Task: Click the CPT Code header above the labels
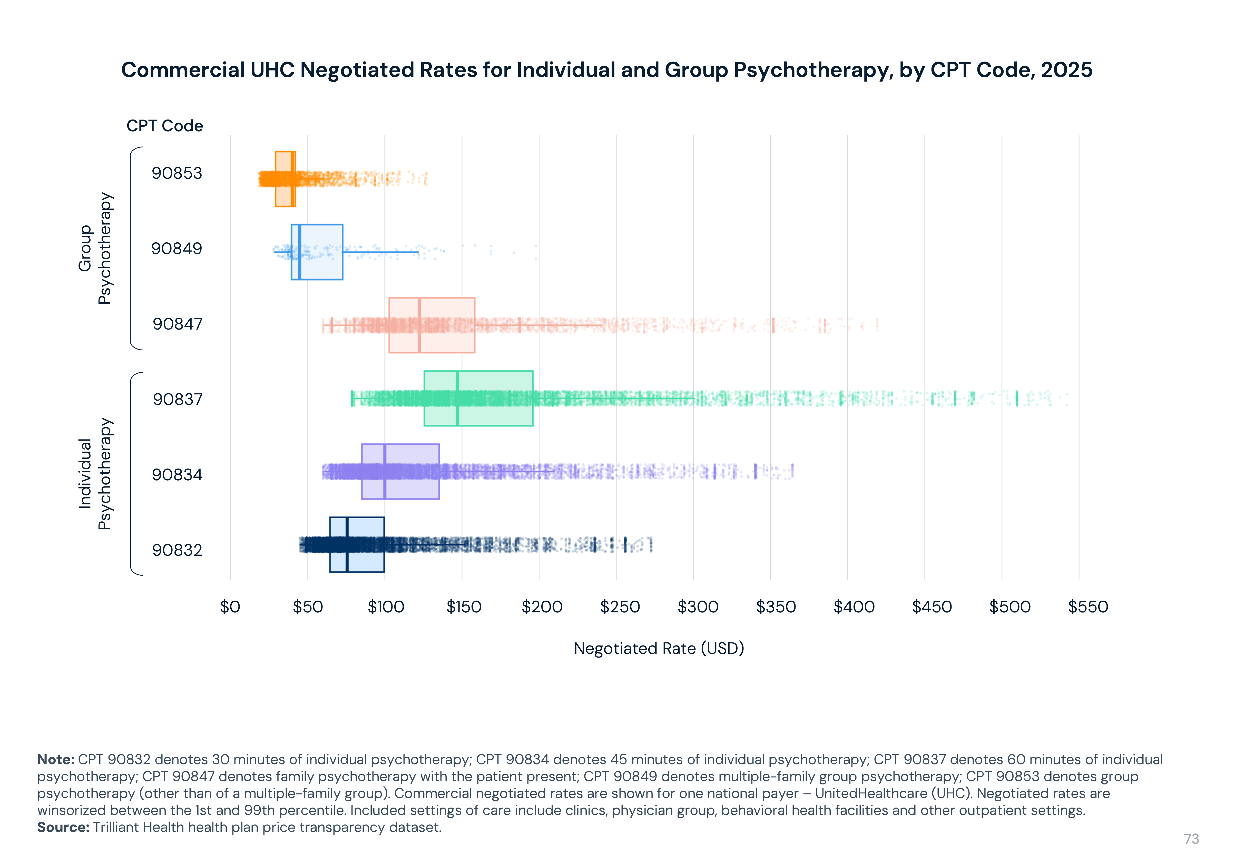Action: [165, 126]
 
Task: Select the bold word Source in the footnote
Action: [63, 827]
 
